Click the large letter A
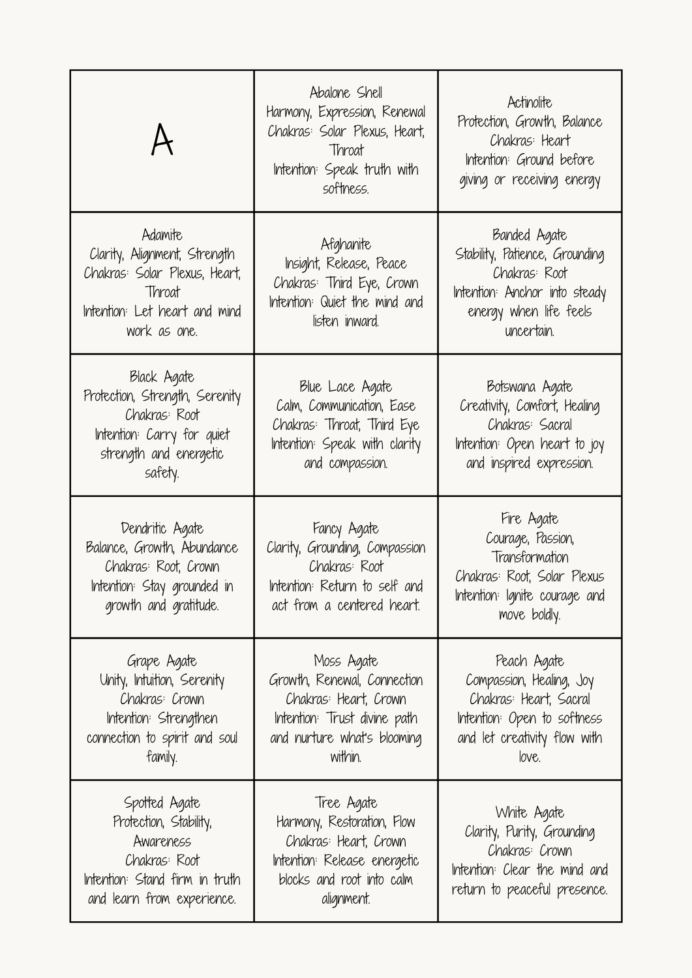162,140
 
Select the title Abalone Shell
346,93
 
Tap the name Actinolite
530,102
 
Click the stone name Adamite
162,235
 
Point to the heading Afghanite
346,244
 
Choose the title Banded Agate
530,235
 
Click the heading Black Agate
162,377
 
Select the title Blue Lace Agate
346,387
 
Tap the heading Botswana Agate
530,387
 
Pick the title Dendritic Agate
162,529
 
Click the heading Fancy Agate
346,529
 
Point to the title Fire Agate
530,519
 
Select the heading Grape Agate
162,661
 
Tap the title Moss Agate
346,661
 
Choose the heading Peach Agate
530,661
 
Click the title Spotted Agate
162,803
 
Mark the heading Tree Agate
346,803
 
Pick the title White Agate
530,812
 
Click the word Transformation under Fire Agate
530,557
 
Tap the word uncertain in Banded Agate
530,331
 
